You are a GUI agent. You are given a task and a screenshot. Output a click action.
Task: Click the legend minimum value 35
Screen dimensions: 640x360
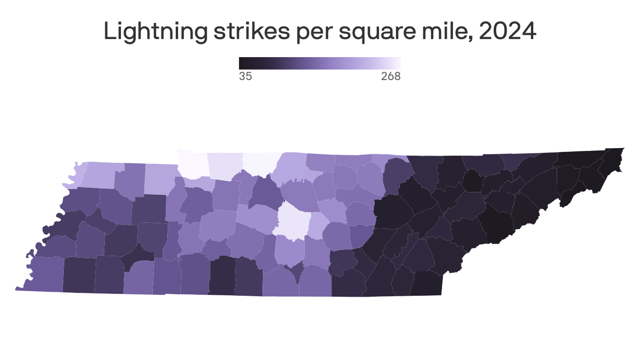[x=245, y=76]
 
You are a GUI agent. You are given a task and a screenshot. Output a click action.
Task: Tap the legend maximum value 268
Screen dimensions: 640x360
[x=391, y=76]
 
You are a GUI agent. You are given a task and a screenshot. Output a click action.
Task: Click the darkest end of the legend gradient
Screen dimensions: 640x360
[x=242, y=63]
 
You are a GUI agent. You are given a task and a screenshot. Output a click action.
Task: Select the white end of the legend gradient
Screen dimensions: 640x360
[x=398, y=63]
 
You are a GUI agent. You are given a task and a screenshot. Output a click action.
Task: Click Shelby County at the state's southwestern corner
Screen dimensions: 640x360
[x=45, y=274]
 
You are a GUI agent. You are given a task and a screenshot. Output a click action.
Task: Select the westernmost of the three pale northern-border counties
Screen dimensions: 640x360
[x=193, y=164]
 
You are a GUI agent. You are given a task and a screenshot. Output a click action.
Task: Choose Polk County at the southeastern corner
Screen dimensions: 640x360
[x=426, y=284]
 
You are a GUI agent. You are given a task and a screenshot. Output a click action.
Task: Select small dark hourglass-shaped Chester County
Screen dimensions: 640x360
[x=139, y=253]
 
